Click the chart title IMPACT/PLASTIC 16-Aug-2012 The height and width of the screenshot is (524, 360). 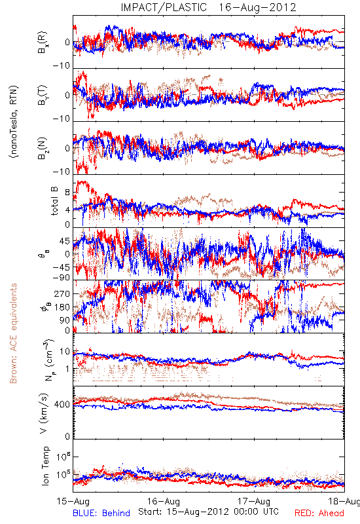pos(208,7)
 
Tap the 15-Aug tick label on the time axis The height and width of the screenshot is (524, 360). pos(73,501)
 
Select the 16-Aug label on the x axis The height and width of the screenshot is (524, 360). pos(163,501)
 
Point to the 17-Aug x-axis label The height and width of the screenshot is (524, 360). pos(254,501)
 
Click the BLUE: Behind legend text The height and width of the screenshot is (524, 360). pos(101,513)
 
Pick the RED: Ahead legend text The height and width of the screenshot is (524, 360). pos(319,513)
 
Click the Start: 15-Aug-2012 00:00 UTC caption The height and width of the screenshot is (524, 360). pos(208,512)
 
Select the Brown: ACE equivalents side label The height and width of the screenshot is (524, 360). pos(13,333)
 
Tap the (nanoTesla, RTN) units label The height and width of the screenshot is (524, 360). pos(14,122)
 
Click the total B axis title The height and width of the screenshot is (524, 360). pos(54,201)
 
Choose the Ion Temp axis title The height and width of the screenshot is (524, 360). pos(45,466)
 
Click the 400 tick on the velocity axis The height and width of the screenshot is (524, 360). pos(62,405)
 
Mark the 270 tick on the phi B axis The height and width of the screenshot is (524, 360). pos(62,293)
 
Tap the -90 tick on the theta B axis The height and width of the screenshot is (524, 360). pos(62,278)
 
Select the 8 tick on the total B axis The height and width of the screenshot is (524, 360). pos(68,193)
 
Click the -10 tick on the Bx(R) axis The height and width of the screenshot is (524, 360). pos(62,65)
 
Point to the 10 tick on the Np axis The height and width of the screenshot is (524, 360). pos(65,351)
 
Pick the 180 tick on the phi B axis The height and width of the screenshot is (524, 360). pos(62,307)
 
